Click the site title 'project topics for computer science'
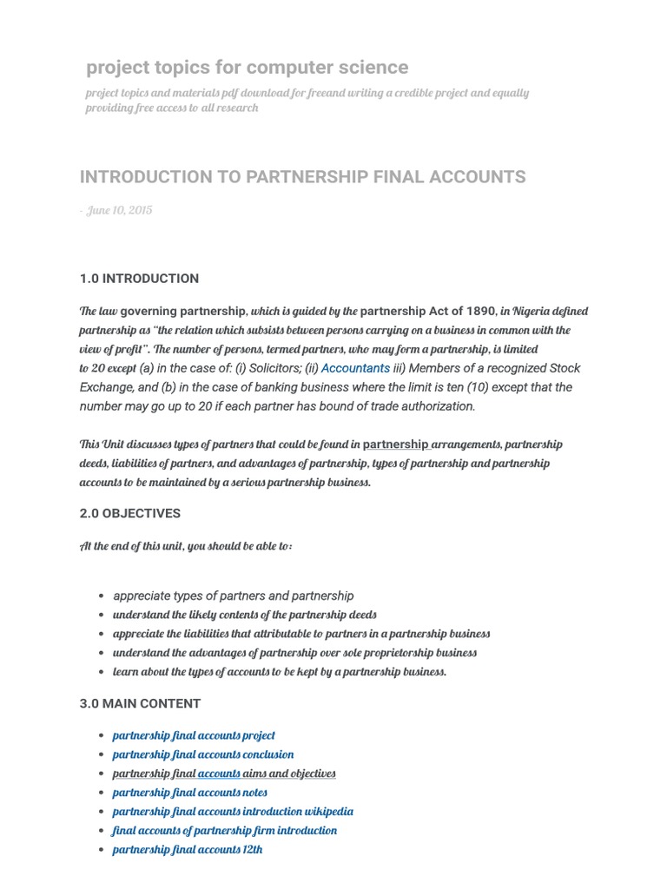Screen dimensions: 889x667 coord(247,68)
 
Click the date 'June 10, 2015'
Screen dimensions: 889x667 coord(119,211)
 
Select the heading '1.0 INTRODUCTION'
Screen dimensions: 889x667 coord(139,279)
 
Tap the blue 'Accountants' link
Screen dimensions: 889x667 coord(355,368)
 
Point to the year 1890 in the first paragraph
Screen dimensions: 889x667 coord(481,311)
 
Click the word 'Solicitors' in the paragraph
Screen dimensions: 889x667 coord(267,368)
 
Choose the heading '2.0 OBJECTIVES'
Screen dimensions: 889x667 coord(130,513)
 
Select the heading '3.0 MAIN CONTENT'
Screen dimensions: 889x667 coord(140,703)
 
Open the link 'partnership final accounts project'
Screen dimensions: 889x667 coord(194,735)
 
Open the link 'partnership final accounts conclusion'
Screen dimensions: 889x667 coord(203,754)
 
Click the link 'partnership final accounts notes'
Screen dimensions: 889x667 coord(190,793)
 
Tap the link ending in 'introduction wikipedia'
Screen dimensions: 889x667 coord(233,812)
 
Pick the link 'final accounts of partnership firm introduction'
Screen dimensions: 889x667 coord(225,831)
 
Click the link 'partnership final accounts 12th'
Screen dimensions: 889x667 coord(188,850)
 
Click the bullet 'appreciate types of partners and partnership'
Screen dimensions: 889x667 coord(234,596)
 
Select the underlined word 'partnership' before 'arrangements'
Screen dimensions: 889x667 coord(395,444)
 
